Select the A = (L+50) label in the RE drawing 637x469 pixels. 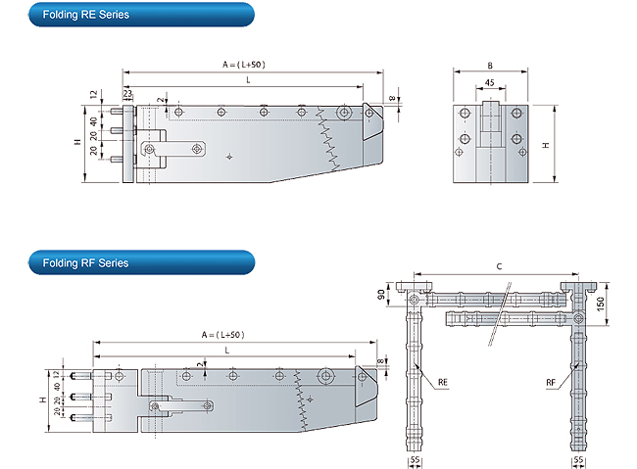244,64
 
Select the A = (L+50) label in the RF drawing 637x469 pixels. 222,334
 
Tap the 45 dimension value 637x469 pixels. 488,83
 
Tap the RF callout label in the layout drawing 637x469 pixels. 553,382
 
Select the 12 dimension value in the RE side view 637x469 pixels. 94,95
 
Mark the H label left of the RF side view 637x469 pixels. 43,400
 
